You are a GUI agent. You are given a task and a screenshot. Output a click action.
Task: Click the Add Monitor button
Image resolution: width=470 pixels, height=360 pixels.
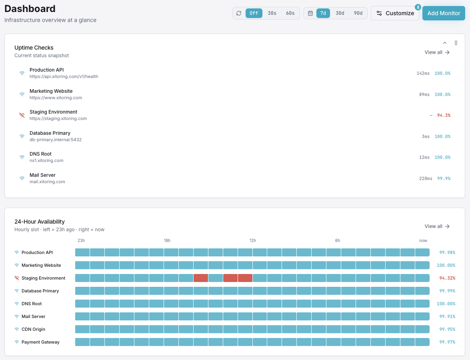(444, 13)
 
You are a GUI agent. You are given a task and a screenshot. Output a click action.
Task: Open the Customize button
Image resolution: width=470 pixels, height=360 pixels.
(395, 13)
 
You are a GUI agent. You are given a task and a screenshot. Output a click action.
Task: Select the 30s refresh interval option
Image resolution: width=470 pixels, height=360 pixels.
(272, 13)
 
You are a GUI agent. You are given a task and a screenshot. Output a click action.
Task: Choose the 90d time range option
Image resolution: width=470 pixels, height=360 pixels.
(358, 13)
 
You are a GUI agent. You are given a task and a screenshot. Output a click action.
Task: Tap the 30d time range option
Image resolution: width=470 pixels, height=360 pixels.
(340, 13)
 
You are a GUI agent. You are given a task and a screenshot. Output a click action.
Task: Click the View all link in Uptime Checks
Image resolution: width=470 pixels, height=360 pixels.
(437, 52)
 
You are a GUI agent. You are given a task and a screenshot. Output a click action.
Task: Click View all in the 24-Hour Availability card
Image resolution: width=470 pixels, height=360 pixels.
(437, 226)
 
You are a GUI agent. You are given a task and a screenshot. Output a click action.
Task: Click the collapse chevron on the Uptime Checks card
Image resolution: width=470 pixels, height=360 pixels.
(445, 43)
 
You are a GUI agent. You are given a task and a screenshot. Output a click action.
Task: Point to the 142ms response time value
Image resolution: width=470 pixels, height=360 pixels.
(423, 74)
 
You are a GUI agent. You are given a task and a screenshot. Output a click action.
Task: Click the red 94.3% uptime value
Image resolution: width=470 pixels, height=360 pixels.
(444, 115)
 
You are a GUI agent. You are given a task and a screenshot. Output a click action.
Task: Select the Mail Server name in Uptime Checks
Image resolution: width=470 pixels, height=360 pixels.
(42, 175)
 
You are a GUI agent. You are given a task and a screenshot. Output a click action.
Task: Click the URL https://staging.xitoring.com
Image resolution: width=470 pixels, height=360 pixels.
(58, 119)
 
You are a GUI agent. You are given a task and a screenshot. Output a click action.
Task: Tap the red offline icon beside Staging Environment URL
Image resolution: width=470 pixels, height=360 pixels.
(22, 115)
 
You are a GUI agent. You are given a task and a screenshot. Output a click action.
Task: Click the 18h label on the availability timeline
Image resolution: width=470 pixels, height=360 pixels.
(167, 241)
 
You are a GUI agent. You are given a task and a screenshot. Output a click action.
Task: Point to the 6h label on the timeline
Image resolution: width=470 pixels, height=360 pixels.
(338, 241)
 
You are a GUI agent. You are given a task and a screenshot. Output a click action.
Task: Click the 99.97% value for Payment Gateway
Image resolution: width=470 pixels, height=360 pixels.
(447, 342)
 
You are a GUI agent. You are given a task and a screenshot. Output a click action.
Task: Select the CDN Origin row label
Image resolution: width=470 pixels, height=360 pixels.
(33, 329)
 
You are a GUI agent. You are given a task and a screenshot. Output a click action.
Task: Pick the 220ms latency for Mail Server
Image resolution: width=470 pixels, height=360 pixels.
(426, 178)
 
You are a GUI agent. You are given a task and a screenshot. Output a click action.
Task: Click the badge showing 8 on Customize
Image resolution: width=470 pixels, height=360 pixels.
(418, 7)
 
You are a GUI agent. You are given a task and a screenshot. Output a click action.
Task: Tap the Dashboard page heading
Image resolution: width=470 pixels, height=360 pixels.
(30, 8)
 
